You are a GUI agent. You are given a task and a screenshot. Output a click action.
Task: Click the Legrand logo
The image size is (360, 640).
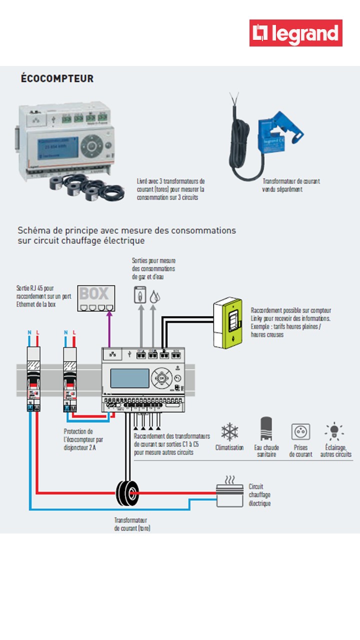click(x=296, y=33)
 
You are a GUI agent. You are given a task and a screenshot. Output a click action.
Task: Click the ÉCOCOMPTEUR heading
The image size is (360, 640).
click(x=57, y=78)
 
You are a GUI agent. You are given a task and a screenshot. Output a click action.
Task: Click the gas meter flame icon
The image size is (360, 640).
click(x=139, y=295)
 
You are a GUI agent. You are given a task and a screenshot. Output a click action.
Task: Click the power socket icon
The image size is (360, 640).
click(x=300, y=431)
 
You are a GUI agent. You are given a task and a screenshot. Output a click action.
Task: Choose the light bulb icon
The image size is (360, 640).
click(x=332, y=431)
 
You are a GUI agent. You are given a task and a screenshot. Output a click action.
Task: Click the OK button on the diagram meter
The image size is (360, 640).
click(x=162, y=378)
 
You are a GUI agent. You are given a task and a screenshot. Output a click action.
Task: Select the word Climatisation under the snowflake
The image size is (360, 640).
click(x=229, y=447)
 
